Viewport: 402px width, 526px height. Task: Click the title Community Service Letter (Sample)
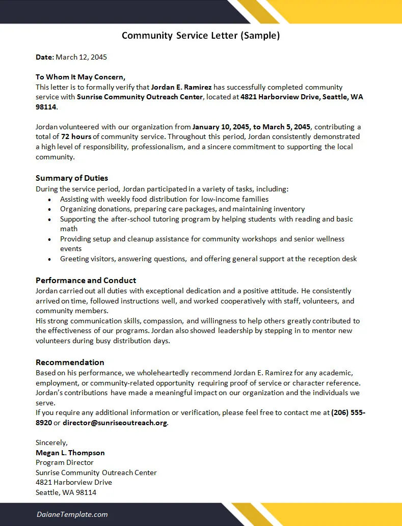tap(201, 36)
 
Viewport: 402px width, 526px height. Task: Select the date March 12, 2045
tap(81, 57)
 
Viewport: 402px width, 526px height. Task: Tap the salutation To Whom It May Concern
tap(80, 77)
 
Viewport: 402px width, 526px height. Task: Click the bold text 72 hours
tap(76, 137)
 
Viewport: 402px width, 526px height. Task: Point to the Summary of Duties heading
tap(72, 178)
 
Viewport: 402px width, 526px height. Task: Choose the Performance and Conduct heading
tap(86, 281)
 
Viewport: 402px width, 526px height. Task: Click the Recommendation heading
tap(70, 363)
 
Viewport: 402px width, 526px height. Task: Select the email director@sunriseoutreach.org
tap(115, 423)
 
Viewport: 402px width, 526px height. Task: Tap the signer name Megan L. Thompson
tap(70, 453)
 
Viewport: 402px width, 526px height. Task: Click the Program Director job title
tap(65, 463)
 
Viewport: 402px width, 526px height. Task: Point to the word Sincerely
tap(51, 442)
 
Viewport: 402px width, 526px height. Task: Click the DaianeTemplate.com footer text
tap(72, 514)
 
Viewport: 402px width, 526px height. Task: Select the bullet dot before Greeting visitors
tap(49, 259)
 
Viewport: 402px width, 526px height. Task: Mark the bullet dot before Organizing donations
tap(49, 209)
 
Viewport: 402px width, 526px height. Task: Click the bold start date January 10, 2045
tap(222, 127)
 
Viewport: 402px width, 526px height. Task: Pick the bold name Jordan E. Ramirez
tap(181, 87)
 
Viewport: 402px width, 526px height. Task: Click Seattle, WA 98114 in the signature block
tap(66, 492)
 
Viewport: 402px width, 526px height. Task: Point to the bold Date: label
tap(44, 57)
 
